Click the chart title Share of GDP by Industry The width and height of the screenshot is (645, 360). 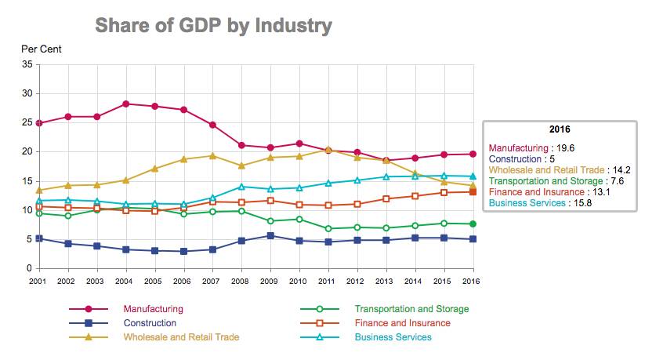213,25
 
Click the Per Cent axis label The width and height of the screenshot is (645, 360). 41,49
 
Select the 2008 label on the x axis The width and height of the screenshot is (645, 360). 241,280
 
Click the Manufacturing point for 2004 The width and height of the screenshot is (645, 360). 125,104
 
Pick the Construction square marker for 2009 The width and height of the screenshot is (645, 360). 270,235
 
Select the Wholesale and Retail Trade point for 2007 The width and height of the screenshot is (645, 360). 212,155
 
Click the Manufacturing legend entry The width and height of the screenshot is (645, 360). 153,309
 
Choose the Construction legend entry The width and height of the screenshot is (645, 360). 150,322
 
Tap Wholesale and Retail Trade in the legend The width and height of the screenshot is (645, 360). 181,337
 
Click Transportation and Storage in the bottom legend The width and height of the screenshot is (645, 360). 411,309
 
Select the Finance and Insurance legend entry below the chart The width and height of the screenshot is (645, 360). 402,322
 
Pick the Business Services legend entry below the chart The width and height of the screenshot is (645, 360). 393,337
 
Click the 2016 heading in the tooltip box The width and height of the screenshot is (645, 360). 560,129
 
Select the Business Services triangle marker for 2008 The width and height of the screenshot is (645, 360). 241,187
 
